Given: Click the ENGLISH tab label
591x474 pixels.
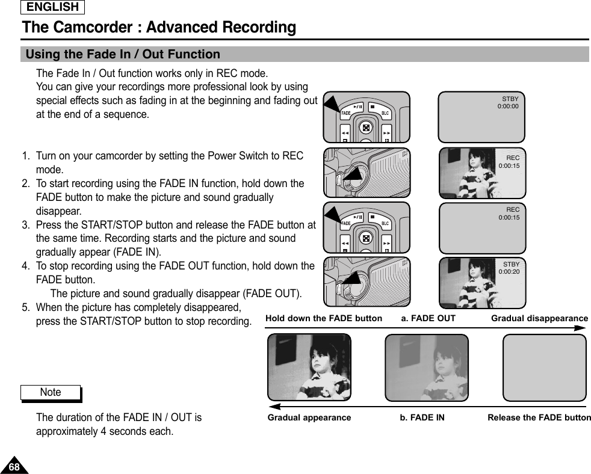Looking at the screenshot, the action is point(53,7).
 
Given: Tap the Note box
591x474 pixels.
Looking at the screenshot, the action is point(51,392).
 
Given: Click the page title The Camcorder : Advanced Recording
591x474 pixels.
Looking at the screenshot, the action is point(159,28).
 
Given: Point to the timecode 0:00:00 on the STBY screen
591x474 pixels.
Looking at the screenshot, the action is point(507,106).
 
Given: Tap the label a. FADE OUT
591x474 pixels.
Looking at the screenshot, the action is point(428,318).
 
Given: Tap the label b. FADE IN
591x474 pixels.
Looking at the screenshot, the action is point(422,417).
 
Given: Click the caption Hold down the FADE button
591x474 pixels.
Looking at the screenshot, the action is point(323,318).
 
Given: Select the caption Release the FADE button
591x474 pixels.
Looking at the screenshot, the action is point(539,417).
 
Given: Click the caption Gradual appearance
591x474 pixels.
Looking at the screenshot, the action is point(309,417).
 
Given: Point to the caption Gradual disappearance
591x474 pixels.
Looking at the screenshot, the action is point(539,318).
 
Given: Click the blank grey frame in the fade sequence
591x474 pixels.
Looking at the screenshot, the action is point(544,368).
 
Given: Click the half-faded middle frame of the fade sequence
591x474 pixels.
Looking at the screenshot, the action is point(426,368).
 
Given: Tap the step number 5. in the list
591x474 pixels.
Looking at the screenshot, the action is point(26,307).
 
